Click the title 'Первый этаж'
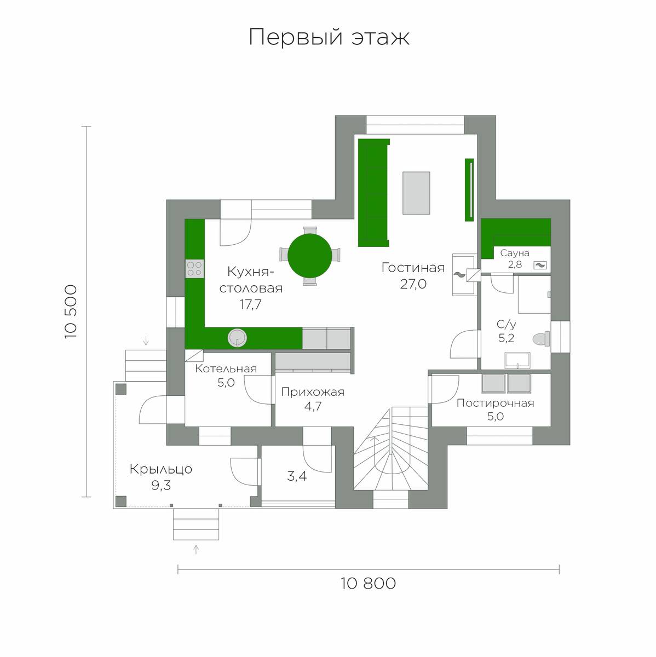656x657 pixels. click(329, 38)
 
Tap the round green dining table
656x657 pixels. click(310, 256)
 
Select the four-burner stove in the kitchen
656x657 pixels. click(195, 268)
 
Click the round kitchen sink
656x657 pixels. click(237, 338)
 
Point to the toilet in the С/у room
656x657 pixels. click(541, 339)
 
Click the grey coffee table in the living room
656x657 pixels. click(416, 193)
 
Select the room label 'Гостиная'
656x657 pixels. click(413, 268)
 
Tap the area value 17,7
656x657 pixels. click(251, 304)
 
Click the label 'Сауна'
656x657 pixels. click(515, 253)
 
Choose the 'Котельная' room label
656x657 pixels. click(226, 368)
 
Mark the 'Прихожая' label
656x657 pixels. click(313, 392)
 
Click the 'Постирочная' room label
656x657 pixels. click(496, 403)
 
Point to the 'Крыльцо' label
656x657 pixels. click(160, 469)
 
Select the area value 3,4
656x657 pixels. click(297, 476)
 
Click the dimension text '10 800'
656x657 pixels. click(369, 583)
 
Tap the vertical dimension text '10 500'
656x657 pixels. click(71, 312)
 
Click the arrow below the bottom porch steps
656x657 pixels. click(196, 550)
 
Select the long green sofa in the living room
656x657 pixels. click(373, 193)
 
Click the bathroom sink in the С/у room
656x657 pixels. click(517, 361)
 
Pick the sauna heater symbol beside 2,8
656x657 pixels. click(540, 265)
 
